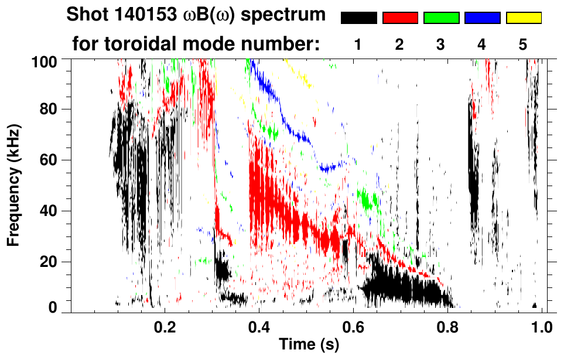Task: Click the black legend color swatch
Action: coord(358,18)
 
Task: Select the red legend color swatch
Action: coord(400,18)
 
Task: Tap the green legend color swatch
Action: coord(441,18)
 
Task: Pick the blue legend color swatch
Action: coord(482,18)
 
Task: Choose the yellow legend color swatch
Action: coord(524,18)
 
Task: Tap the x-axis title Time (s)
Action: coord(309,345)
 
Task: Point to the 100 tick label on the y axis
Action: coord(47,60)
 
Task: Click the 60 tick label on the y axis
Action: coord(51,160)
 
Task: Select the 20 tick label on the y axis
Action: coord(51,262)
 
